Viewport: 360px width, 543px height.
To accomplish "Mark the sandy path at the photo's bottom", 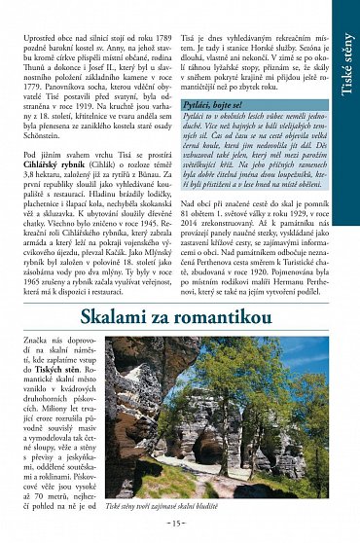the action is [224, 487].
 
